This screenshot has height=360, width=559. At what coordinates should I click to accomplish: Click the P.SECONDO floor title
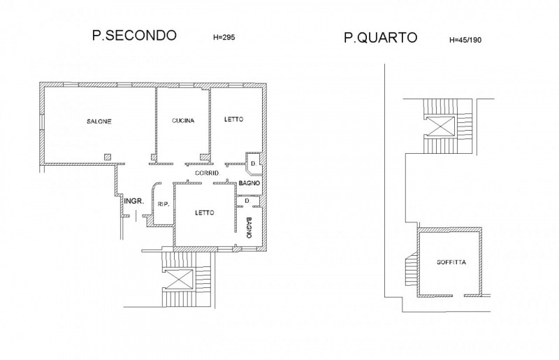click(134, 36)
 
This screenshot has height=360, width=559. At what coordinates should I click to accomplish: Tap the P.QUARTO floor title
click(380, 38)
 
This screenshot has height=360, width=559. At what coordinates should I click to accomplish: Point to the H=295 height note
click(224, 37)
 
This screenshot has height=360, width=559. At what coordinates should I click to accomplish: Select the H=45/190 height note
click(465, 40)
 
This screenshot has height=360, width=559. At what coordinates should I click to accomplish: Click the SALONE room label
click(99, 122)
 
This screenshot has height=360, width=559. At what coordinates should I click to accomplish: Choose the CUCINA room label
click(183, 121)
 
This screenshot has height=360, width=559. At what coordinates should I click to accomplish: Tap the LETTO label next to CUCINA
click(234, 119)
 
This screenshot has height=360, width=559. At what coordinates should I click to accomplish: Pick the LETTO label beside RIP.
click(205, 213)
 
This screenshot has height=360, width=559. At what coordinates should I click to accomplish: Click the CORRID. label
click(208, 173)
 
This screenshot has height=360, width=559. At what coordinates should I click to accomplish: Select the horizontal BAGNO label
click(249, 183)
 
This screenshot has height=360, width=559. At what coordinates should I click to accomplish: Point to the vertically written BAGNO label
click(249, 228)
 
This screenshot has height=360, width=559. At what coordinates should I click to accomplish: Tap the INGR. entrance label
click(134, 201)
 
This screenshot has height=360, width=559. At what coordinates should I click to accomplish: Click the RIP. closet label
click(163, 204)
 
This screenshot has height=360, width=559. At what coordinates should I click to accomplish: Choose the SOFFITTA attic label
click(451, 262)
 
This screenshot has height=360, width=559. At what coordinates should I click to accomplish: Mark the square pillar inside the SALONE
click(108, 157)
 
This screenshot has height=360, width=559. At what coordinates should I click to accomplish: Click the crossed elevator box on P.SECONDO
click(180, 279)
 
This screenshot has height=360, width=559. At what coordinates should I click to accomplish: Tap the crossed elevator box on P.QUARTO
click(441, 127)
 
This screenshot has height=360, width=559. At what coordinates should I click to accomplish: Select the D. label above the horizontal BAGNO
click(254, 164)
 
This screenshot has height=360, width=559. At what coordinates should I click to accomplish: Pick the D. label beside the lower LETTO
click(248, 201)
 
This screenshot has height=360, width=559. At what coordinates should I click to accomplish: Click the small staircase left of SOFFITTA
click(412, 268)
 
